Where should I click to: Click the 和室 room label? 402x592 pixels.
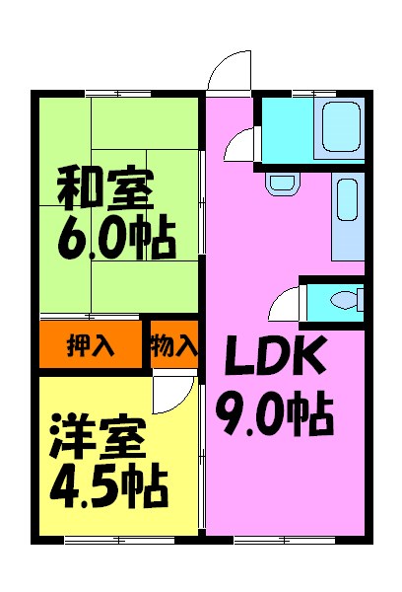click(105, 189)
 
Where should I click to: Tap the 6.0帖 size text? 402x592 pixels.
click(116, 238)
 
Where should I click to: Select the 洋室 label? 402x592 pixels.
click(99, 437)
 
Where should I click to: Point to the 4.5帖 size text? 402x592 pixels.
click(108, 486)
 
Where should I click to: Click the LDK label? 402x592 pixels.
click(275, 355)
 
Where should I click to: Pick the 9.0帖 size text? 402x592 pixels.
click(275, 411)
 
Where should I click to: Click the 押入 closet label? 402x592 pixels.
click(91, 344)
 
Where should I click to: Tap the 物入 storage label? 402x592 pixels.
click(174, 344)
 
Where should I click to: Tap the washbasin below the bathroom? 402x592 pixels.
click(283, 184)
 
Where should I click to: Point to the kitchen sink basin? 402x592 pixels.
click(347, 199)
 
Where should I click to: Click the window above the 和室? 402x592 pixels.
click(118, 94)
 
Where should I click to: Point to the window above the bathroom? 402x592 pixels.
click(314, 94)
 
